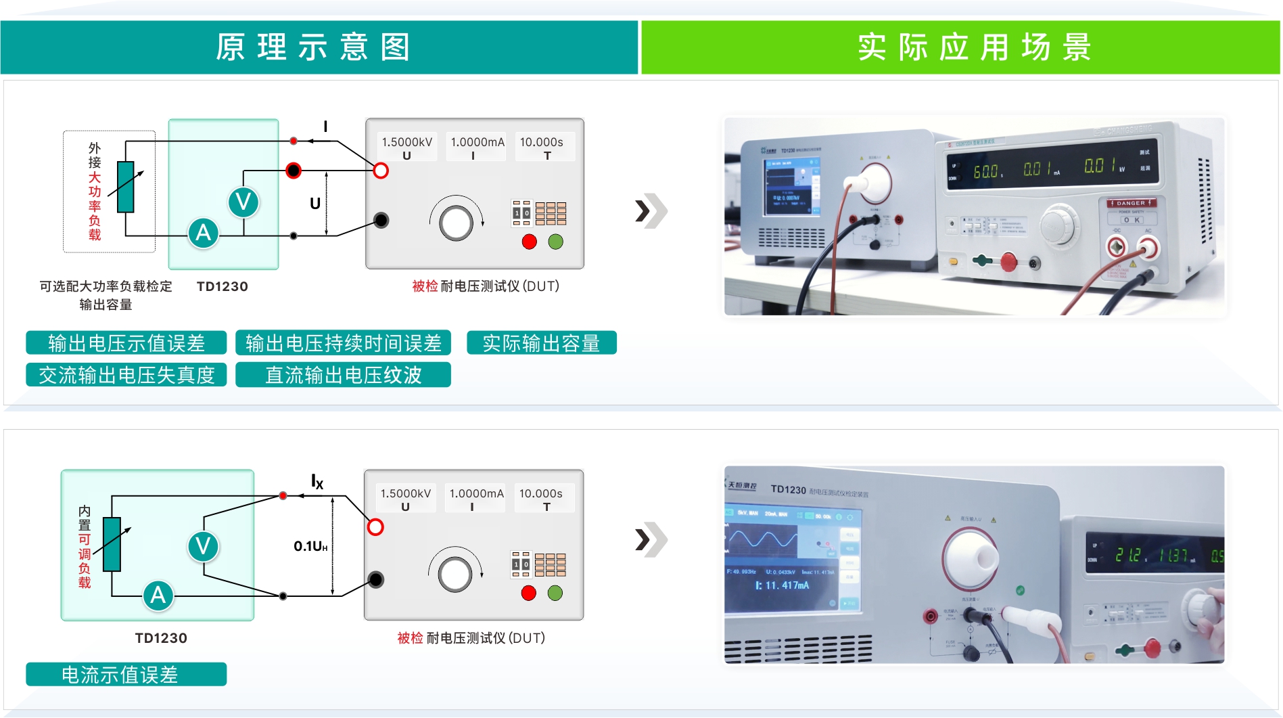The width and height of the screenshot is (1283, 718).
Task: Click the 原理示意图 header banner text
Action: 313,47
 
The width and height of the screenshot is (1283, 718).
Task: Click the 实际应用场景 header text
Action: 974,47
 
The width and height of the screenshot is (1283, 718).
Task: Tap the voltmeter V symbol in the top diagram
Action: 243,202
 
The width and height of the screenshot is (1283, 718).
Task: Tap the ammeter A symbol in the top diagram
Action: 203,233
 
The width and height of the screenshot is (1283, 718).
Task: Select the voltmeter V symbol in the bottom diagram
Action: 203,546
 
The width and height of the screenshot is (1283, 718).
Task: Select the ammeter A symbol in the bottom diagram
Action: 158,596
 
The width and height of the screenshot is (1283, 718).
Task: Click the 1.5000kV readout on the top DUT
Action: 406,142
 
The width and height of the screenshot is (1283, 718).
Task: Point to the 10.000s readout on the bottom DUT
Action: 541,494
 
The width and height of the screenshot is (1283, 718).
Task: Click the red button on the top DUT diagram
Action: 530,242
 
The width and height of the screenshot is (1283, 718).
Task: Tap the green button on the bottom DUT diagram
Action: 555,593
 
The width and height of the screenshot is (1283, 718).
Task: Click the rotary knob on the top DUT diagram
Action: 457,223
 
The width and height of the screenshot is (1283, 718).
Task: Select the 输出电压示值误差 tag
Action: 126,343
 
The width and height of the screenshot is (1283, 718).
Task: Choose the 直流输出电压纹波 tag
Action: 343,375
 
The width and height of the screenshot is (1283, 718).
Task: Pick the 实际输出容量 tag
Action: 541,343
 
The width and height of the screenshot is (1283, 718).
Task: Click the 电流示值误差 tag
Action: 126,675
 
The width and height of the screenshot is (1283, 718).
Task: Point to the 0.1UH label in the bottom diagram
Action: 310,546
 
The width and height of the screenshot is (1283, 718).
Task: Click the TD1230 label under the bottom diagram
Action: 161,638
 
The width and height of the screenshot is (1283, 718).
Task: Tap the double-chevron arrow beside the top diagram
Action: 651,211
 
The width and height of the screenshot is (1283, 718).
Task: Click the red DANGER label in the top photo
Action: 1131,203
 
